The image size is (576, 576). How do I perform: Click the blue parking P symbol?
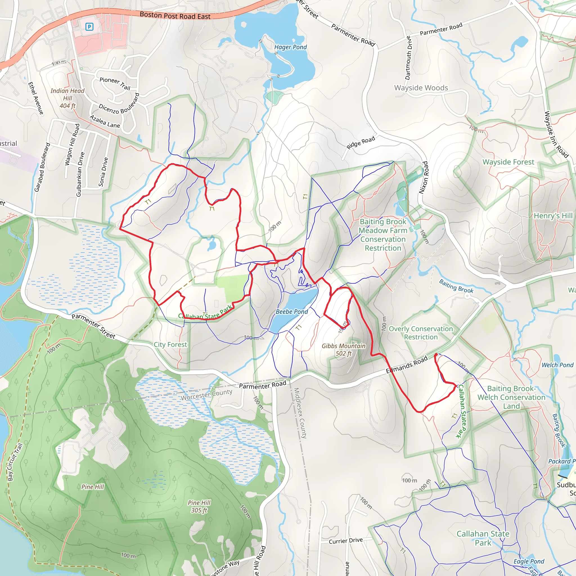click(x=89, y=27)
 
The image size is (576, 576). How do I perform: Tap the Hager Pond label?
click(x=290, y=47)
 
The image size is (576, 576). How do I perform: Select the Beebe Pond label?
click(x=292, y=312)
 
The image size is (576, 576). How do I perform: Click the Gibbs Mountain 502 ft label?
click(x=343, y=350)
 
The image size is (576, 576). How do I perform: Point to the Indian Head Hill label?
click(x=67, y=98)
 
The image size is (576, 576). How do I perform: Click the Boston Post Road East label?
click(x=175, y=15)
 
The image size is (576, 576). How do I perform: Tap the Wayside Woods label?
click(x=421, y=88)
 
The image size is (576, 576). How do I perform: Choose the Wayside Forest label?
click(x=508, y=162)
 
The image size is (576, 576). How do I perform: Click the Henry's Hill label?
click(x=553, y=215)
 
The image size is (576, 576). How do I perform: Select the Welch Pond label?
click(x=557, y=365)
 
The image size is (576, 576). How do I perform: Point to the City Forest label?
click(x=170, y=345)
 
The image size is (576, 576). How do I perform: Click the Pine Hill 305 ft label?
click(x=199, y=507)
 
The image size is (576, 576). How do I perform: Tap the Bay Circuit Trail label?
click(x=15, y=462)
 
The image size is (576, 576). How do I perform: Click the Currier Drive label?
click(x=346, y=541)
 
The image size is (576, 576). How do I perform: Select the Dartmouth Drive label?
click(x=408, y=58)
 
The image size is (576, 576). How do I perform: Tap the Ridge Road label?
click(x=361, y=143)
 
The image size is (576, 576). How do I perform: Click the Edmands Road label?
click(x=407, y=364)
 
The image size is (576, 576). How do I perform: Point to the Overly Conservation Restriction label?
click(x=421, y=333)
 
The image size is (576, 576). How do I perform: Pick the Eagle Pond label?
click(x=528, y=561)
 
